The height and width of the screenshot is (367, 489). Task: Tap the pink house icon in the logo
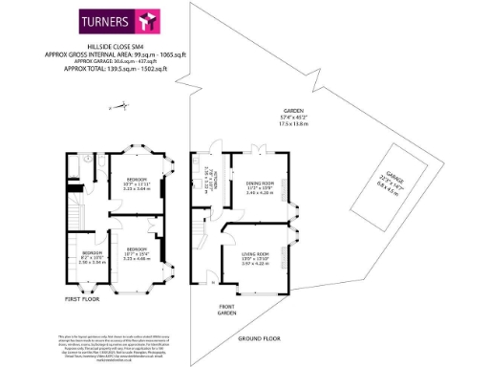145,20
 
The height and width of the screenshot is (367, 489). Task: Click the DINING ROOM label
260,186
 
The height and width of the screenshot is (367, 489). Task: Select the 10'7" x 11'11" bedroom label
138,184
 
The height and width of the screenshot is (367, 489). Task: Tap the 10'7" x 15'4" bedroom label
138,253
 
